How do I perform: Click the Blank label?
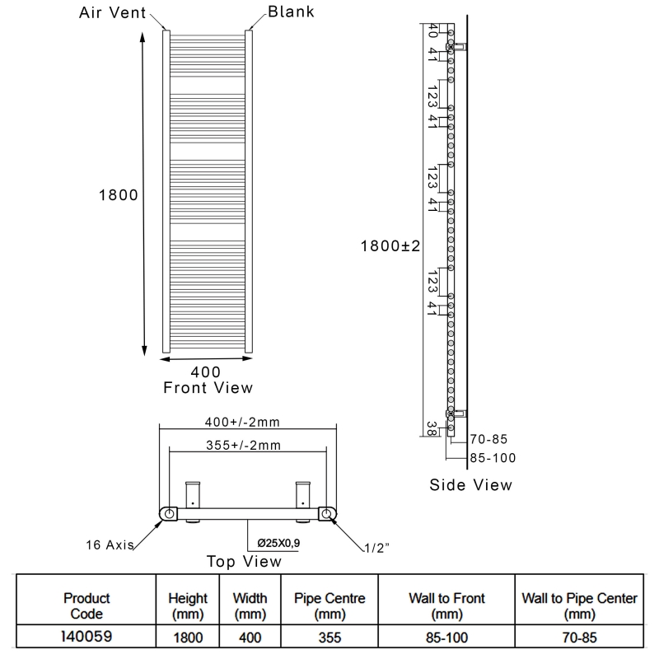[x=291, y=12]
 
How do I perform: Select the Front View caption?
[x=208, y=387]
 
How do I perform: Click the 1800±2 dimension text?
[x=390, y=245]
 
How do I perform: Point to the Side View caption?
[x=470, y=484]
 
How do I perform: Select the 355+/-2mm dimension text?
[x=245, y=446]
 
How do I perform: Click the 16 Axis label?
[x=110, y=544]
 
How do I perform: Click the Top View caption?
[x=243, y=562]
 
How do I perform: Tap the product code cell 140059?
[x=86, y=636]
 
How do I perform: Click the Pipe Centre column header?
[x=323, y=605]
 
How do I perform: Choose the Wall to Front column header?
[x=447, y=605]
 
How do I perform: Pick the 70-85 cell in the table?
[x=579, y=637]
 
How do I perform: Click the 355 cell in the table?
[x=323, y=637]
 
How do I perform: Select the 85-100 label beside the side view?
[x=493, y=458]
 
